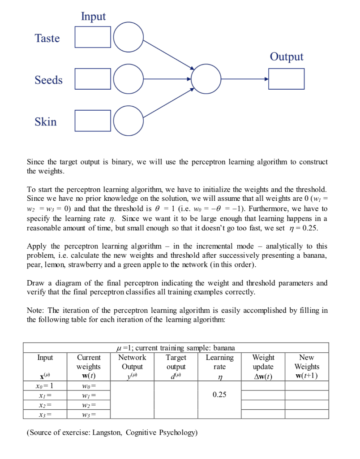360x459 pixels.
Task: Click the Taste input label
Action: [47, 38]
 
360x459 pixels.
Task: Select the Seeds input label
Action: [48, 80]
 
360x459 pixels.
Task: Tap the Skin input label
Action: [46, 121]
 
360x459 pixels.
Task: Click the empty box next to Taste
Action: [93, 37]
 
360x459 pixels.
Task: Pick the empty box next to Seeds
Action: [93, 79]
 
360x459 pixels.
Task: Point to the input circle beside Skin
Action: [129, 121]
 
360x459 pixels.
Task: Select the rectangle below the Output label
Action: [287, 79]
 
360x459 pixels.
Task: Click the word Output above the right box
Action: [287, 57]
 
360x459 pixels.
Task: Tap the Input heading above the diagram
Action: [93, 17]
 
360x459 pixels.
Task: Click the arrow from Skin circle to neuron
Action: [169, 104]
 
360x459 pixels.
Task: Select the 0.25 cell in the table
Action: [219, 395]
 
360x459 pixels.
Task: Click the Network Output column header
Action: [132, 362]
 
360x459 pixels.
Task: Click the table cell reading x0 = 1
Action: [45, 385]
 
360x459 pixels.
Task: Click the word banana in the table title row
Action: [224, 348]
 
